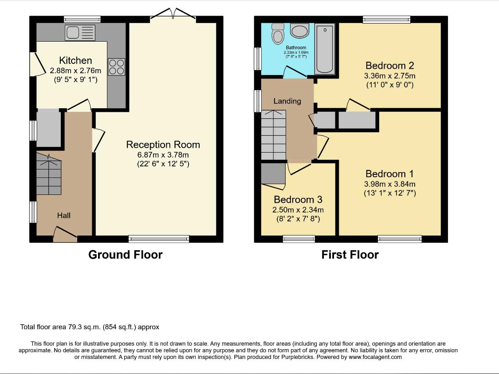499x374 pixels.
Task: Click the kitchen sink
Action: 80,32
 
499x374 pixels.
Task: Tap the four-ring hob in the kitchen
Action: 117,67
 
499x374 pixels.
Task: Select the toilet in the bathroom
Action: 278,33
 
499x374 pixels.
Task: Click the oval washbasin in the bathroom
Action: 299,31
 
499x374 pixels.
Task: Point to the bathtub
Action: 325,49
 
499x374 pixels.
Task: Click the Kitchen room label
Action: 75,60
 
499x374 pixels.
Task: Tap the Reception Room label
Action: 163,145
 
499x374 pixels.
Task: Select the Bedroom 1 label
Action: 389,173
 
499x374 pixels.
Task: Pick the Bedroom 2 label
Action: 389,65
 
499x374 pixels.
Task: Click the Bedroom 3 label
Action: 298,199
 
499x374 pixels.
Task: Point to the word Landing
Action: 287,101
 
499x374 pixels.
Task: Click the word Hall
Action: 63,216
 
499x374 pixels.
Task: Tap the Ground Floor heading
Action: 126,255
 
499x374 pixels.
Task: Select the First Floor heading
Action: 350,255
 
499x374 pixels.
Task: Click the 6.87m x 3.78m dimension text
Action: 163,155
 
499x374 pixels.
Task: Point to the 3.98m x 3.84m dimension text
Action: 389,184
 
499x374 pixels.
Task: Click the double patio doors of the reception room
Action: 173,14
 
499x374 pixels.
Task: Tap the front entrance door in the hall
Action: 65,234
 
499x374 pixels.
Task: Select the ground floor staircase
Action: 49,174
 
